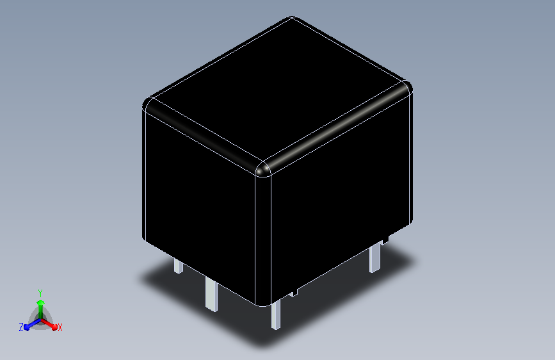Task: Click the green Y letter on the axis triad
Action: coord(40,293)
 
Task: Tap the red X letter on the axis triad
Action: coord(60,328)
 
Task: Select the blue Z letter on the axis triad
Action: coord(21,327)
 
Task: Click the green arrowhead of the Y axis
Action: coord(41,302)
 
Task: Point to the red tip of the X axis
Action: coord(54,327)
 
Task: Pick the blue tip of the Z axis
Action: coord(27,327)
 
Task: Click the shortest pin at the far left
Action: coord(179,266)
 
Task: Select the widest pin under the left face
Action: coord(211,294)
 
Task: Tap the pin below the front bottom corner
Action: coord(276,315)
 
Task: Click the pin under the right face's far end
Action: coord(375,259)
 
